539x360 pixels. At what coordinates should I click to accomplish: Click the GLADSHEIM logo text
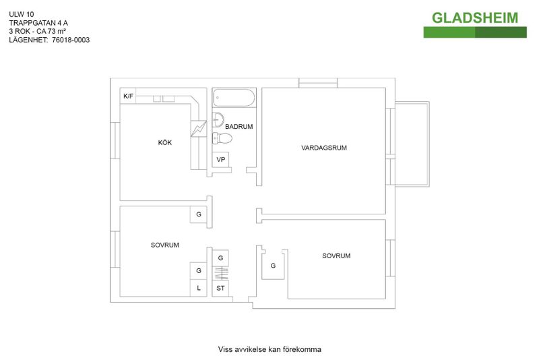coord(475,18)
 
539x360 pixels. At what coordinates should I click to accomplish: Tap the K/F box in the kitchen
coord(128,96)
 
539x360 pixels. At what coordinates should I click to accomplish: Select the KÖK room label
coord(164,142)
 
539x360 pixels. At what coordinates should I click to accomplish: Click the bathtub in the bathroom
coord(234,98)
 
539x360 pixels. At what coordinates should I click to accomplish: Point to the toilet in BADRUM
coord(222,138)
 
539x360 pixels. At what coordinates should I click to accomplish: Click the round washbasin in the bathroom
coord(218,119)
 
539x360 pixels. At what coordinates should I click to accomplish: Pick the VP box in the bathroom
coord(221,160)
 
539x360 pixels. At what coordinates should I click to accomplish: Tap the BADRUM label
coord(239,127)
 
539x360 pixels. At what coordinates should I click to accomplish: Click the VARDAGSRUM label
coord(324,148)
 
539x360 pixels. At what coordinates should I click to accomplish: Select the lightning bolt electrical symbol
coord(199,129)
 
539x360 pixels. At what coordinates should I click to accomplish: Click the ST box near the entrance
coord(220,288)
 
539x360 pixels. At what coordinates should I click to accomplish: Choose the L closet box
coord(198,288)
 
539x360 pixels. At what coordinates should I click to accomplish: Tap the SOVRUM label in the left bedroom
coord(164,245)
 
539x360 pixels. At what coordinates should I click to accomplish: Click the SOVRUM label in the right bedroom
coord(336,256)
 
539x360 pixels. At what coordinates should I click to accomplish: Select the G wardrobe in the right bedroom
coord(273,266)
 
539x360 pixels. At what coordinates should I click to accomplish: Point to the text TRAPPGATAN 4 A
coord(38,23)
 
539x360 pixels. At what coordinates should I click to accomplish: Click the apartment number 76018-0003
coord(71,40)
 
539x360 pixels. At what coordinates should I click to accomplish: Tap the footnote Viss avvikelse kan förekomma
coord(269,349)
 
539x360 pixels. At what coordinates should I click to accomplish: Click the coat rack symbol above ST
coord(221,273)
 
